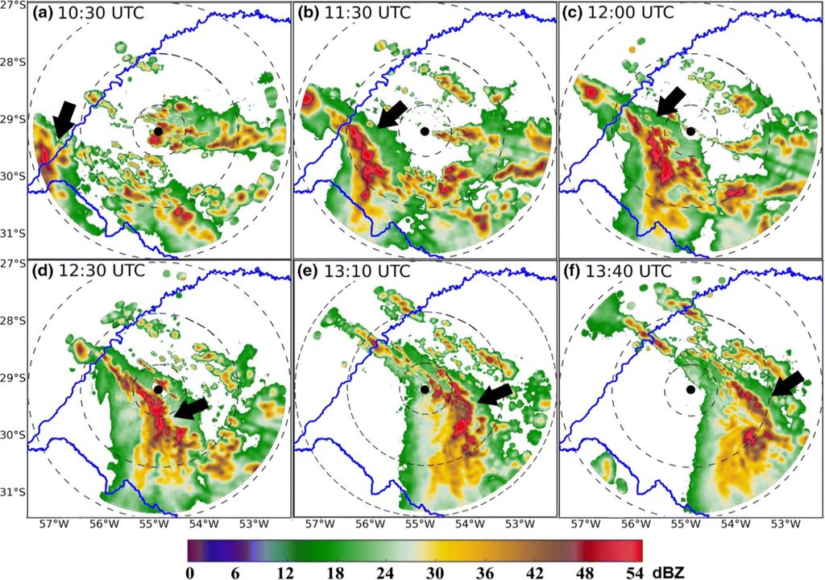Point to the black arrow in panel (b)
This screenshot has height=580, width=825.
[393, 114]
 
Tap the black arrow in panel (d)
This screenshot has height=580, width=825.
[191, 408]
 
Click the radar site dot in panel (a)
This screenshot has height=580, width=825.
[159, 130]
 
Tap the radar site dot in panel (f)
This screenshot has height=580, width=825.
[690, 390]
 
